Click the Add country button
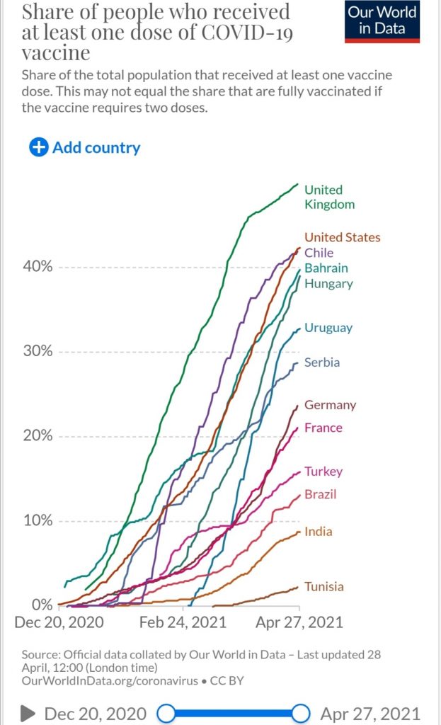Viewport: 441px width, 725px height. (85, 147)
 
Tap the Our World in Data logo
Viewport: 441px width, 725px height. (382, 21)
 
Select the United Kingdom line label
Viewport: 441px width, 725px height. (329, 197)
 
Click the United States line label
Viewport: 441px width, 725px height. (342, 237)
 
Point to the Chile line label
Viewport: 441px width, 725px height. (319, 253)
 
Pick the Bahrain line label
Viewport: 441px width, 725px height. (326, 268)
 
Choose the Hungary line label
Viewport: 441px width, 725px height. (328, 284)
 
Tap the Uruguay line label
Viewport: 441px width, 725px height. (328, 328)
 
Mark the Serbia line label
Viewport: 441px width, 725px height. (321, 362)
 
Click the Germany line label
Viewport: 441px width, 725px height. (330, 405)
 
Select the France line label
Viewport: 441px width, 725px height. (323, 428)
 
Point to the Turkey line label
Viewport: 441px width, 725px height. (323, 472)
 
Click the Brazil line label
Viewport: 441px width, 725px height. (320, 494)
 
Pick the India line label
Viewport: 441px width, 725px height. (318, 532)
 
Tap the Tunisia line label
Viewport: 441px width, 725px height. (324, 586)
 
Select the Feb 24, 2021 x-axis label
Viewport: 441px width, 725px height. (183, 622)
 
